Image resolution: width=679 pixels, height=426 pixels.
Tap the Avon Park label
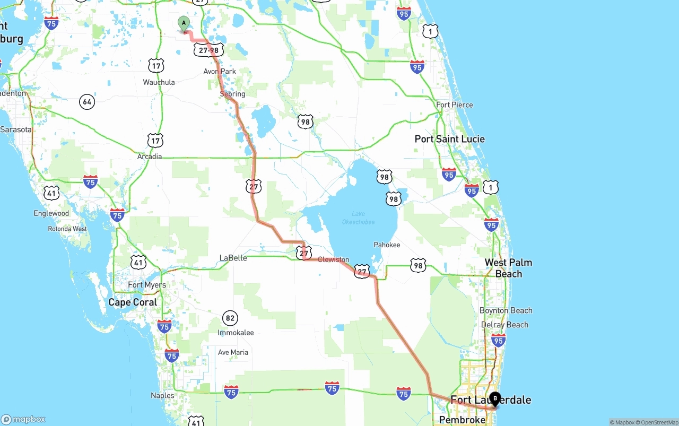(x=220, y=71)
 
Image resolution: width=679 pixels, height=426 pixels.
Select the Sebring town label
(x=232, y=94)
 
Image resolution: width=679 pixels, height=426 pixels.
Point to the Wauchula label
(x=159, y=82)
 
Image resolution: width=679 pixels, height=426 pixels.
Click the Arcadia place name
(x=149, y=157)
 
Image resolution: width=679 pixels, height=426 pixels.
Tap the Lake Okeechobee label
(x=358, y=218)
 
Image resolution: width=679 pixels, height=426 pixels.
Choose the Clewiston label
(x=334, y=259)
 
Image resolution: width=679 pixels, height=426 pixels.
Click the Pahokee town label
(x=387, y=245)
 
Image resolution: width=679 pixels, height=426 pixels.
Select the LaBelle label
(x=233, y=258)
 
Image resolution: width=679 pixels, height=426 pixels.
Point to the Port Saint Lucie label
(x=449, y=139)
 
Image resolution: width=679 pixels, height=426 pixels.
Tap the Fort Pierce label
(x=454, y=105)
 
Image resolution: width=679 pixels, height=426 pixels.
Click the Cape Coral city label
(x=133, y=302)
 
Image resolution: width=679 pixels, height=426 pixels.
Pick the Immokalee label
(x=236, y=333)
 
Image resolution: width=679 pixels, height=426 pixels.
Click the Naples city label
(x=162, y=395)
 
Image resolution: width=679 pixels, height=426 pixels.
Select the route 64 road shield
(x=87, y=101)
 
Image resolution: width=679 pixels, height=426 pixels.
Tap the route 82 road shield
(x=230, y=318)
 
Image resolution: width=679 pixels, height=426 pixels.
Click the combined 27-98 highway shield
(x=208, y=50)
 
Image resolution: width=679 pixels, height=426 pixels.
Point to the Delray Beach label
(x=504, y=325)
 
